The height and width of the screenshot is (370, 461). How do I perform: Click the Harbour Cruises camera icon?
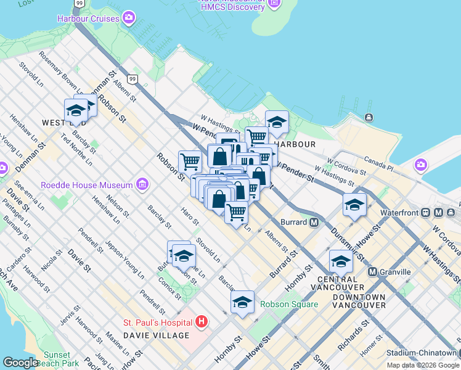pyautogui.click(x=128, y=18)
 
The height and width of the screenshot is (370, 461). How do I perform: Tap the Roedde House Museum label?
pyautogui.click(x=86, y=185)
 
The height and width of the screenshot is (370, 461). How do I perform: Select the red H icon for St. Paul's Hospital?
pyautogui.click(x=201, y=322)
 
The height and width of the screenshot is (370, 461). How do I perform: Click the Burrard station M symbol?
pyautogui.click(x=314, y=222)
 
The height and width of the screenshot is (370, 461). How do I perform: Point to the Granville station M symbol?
pyautogui.click(x=372, y=272)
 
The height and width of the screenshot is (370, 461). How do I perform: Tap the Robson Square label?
pyautogui.click(x=289, y=304)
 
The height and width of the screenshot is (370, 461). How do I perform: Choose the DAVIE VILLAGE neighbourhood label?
pyautogui.click(x=157, y=335)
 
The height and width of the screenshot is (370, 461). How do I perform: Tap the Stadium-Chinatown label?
pyautogui.click(x=422, y=353)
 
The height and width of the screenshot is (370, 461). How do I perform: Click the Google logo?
pyautogui.click(x=20, y=363)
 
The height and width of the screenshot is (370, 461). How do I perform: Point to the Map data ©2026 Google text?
pyautogui.click(x=423, y=365)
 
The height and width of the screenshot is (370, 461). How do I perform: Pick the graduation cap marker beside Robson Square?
pyautogui.click(x=243, y=302)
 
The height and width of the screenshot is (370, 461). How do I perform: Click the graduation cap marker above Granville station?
pyautogui.click(x=341, y=261)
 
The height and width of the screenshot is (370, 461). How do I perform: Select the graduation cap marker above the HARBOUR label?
pyautogui.click(x=277, y=123)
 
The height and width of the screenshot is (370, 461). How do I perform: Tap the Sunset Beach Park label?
pyautogui.click(x=61, y=359)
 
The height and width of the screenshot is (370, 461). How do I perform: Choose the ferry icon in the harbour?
pyautogui.click(x=369, y=118)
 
